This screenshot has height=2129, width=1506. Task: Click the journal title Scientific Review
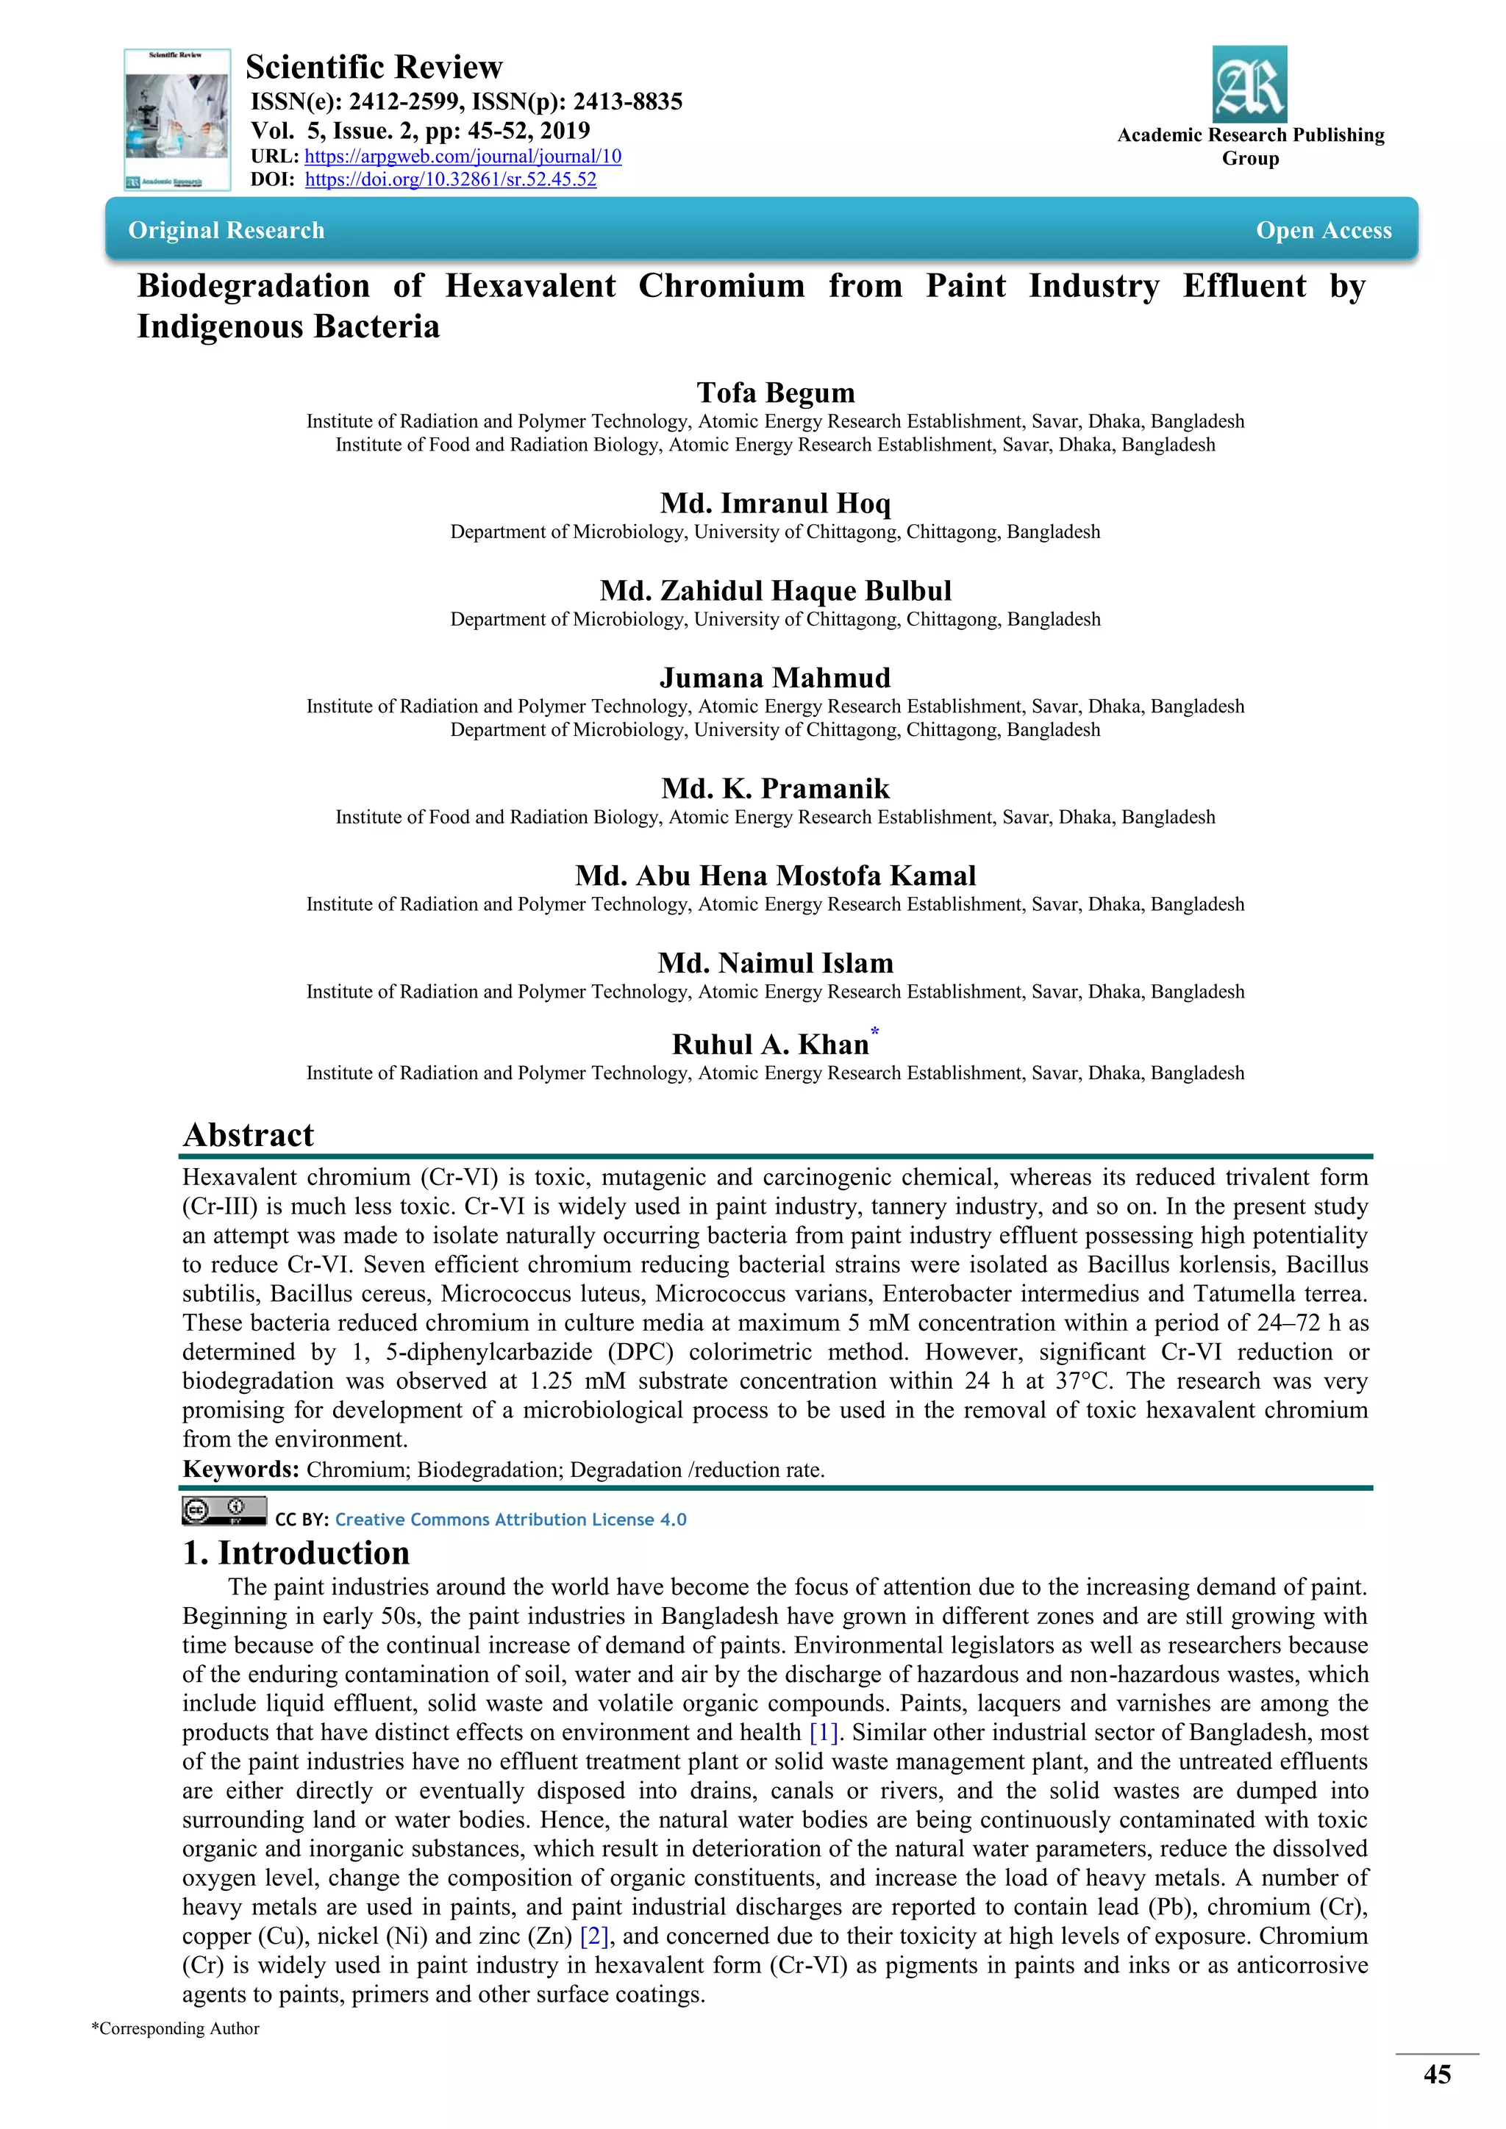coord(374,68)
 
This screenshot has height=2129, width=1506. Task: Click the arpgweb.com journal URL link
coord(463,157)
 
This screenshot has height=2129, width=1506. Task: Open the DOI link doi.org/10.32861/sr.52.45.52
coord(451,180)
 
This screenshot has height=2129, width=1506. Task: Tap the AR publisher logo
coord(1249,85)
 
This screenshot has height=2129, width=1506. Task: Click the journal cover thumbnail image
coord(177,120)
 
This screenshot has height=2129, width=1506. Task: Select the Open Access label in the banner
coord(1324,230)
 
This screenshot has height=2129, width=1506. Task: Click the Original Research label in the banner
coord(226,230)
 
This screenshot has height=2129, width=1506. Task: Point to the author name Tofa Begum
coord(775,393)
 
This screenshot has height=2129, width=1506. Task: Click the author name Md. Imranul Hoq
coord(775,504)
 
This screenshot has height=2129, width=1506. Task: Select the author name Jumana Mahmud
coord(775,678)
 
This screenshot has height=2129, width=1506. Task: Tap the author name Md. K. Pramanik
coord(775,789)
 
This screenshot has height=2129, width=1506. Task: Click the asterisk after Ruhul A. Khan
coord(874,1031)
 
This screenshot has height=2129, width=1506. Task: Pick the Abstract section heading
coord(249,1135)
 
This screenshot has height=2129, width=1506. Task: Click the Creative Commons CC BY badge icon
coord(224,1511)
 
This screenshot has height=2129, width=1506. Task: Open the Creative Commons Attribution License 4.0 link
coord(510,1520)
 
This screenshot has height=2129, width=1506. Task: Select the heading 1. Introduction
coord(296,1553)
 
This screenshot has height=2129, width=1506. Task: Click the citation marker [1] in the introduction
coord(824,1732)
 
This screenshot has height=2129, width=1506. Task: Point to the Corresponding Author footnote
coord(175,2029)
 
